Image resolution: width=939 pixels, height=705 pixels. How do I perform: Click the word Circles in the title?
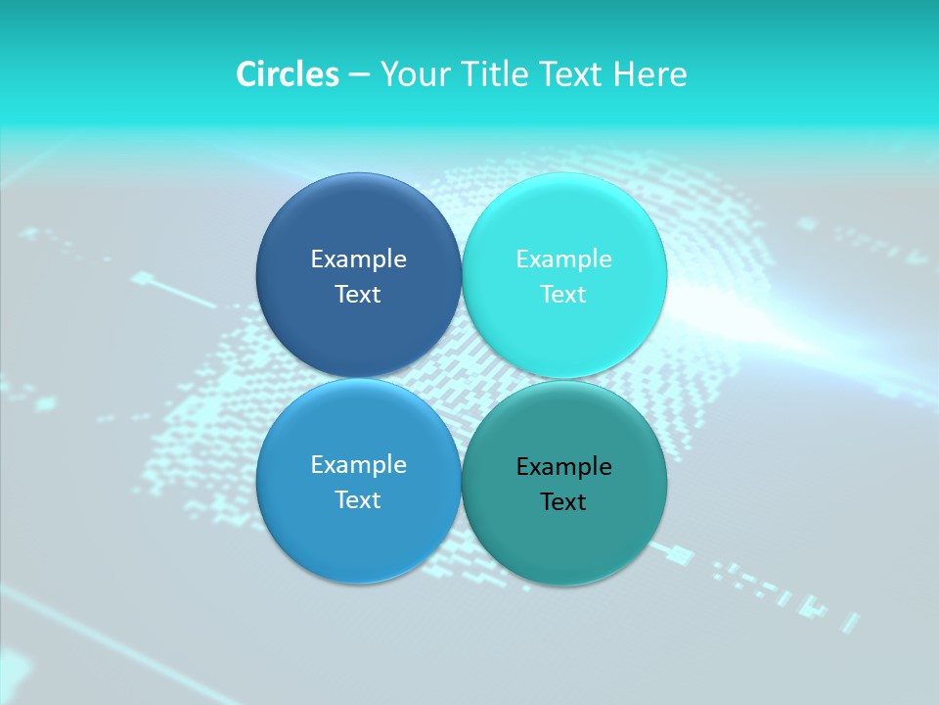[287, 74]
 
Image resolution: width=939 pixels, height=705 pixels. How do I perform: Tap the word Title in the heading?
[496, 74]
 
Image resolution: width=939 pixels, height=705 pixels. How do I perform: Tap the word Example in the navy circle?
[358, 259]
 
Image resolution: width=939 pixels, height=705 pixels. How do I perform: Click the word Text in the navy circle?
[358, 295]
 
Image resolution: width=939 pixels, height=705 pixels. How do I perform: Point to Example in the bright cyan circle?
[564, 259]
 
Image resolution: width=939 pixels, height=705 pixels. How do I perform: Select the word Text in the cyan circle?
[564, 295]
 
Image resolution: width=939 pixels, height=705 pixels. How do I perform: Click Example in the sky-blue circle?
[358, 465]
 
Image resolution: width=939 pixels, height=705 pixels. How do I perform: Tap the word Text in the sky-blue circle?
[358, 500]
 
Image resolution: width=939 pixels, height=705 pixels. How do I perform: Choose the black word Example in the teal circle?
[564, 467]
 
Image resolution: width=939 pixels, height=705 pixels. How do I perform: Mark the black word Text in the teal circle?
[564, 502]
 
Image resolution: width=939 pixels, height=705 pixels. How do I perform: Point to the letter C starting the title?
[246, 74]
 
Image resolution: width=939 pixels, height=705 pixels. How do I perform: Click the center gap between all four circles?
[462, 379]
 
